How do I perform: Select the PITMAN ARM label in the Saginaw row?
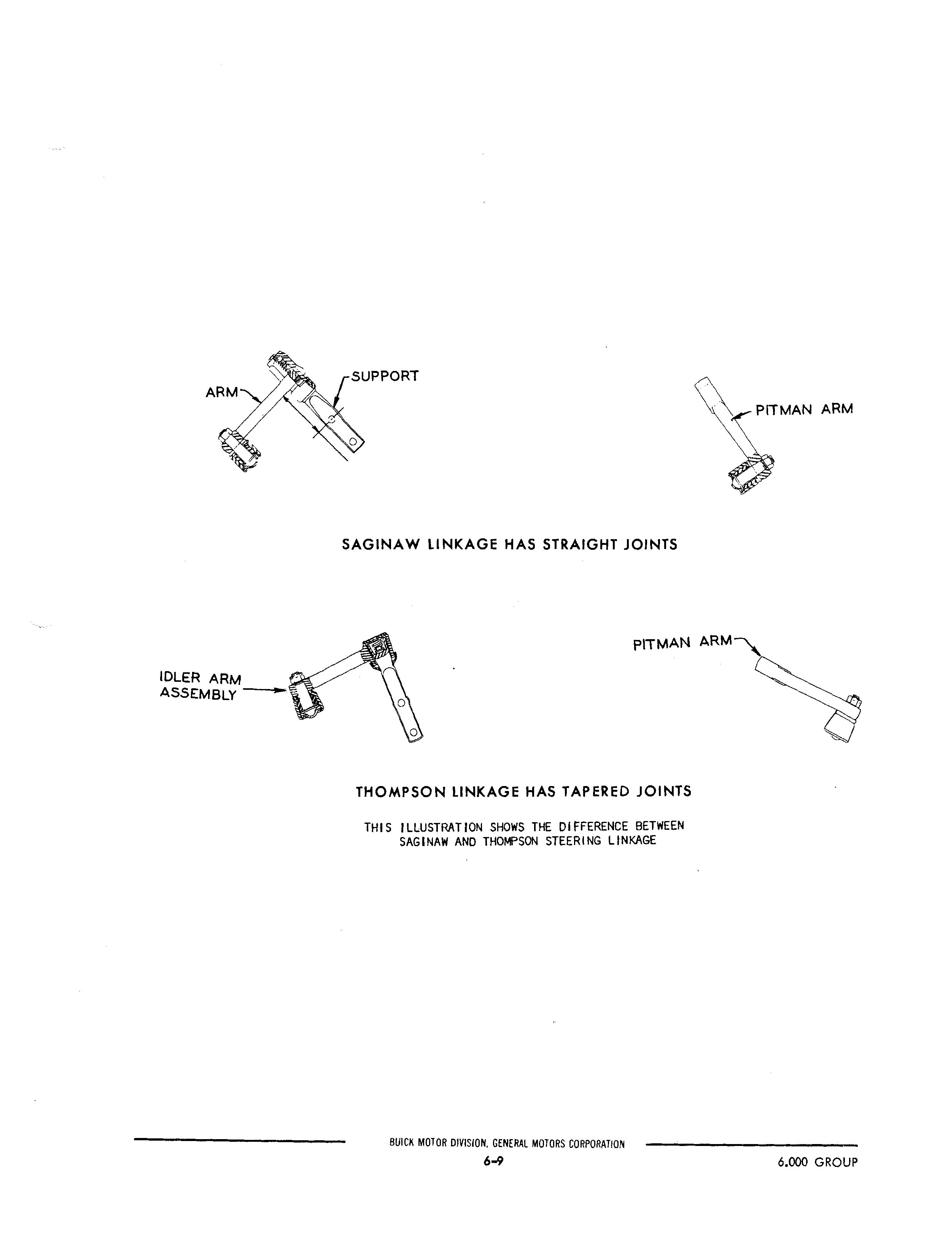coord(804,409)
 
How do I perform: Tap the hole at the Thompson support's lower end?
coord(414,731)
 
